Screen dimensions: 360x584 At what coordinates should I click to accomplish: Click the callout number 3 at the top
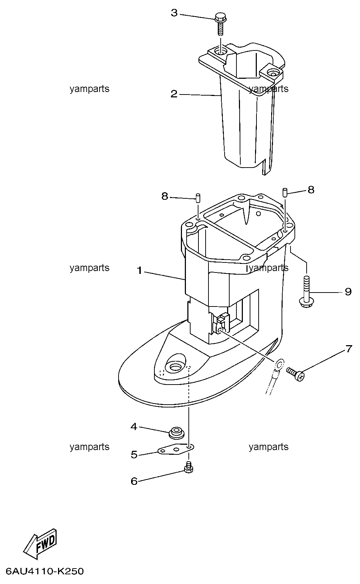tap(174, 13)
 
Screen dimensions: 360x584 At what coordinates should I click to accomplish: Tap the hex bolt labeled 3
tap(221, 25)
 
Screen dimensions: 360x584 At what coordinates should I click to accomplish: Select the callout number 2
tap(174, 94)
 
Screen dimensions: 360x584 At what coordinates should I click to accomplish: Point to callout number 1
tap(140, 271)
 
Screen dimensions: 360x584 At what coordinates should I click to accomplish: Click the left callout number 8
tap(165, 196)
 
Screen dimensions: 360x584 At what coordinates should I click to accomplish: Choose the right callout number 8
tap(311, 190)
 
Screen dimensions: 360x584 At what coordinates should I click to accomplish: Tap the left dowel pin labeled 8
tap(198, 197)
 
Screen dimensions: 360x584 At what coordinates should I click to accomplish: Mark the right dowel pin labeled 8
tap(285, 193)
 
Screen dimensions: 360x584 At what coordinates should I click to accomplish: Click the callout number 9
tap(348, 291)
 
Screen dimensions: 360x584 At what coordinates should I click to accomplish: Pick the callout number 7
tap(349, 349)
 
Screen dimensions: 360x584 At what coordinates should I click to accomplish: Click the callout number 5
tap(134, 455)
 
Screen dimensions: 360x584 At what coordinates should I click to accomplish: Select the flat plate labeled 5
tap(176, 449)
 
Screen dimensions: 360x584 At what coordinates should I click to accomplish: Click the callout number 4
tap(134, 427)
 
